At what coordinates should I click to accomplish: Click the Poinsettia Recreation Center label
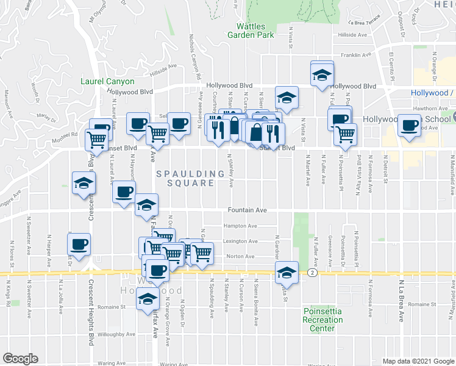[x=322, y=320]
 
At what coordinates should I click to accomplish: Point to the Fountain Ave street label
[x=248, y=210]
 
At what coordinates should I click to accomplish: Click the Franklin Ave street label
[x=356, y=55]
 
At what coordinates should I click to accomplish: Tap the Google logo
[x=20, y=359]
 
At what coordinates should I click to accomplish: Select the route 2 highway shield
[x=312, y=272]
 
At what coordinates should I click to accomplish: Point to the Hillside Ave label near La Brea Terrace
[x=356, y=35]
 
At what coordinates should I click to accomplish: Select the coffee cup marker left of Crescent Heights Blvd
[x=79, y=245]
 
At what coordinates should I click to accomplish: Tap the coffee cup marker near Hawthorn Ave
[x=409, y=125]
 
